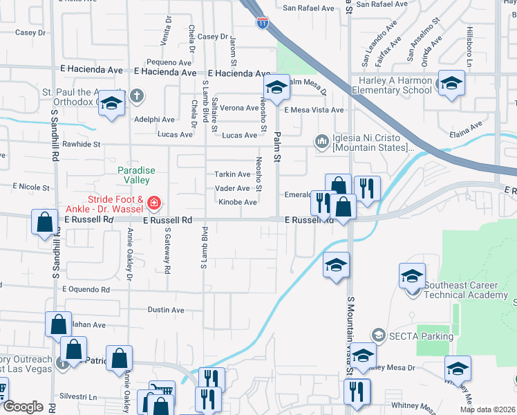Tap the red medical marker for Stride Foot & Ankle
coord(154,203)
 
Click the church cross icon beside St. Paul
coord(137,95)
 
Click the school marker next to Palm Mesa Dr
coord(276,89)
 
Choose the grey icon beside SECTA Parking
coord(378,335)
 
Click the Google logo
coord(23,407)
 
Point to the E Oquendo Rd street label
coord(86,290)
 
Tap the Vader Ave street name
coord(234,188)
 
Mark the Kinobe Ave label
coord(238,202)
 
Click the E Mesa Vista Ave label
coord(314,110)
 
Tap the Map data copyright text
coord(487,409)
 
